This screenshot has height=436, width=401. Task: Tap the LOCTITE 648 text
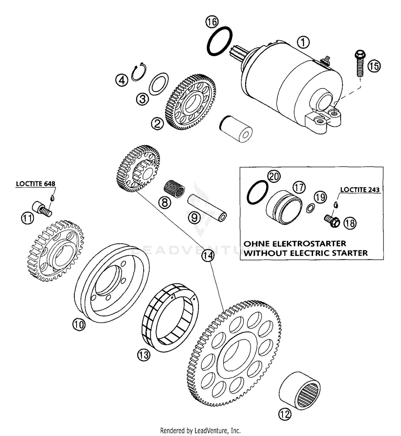click(x=36, y=184)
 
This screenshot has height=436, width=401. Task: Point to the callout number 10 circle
click(x=79, y=325)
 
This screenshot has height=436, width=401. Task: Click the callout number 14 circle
click(x=208, y=256)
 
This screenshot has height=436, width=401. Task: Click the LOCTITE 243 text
click(x=360, y=190)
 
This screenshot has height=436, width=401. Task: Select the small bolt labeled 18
click(x=332, y=221)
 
